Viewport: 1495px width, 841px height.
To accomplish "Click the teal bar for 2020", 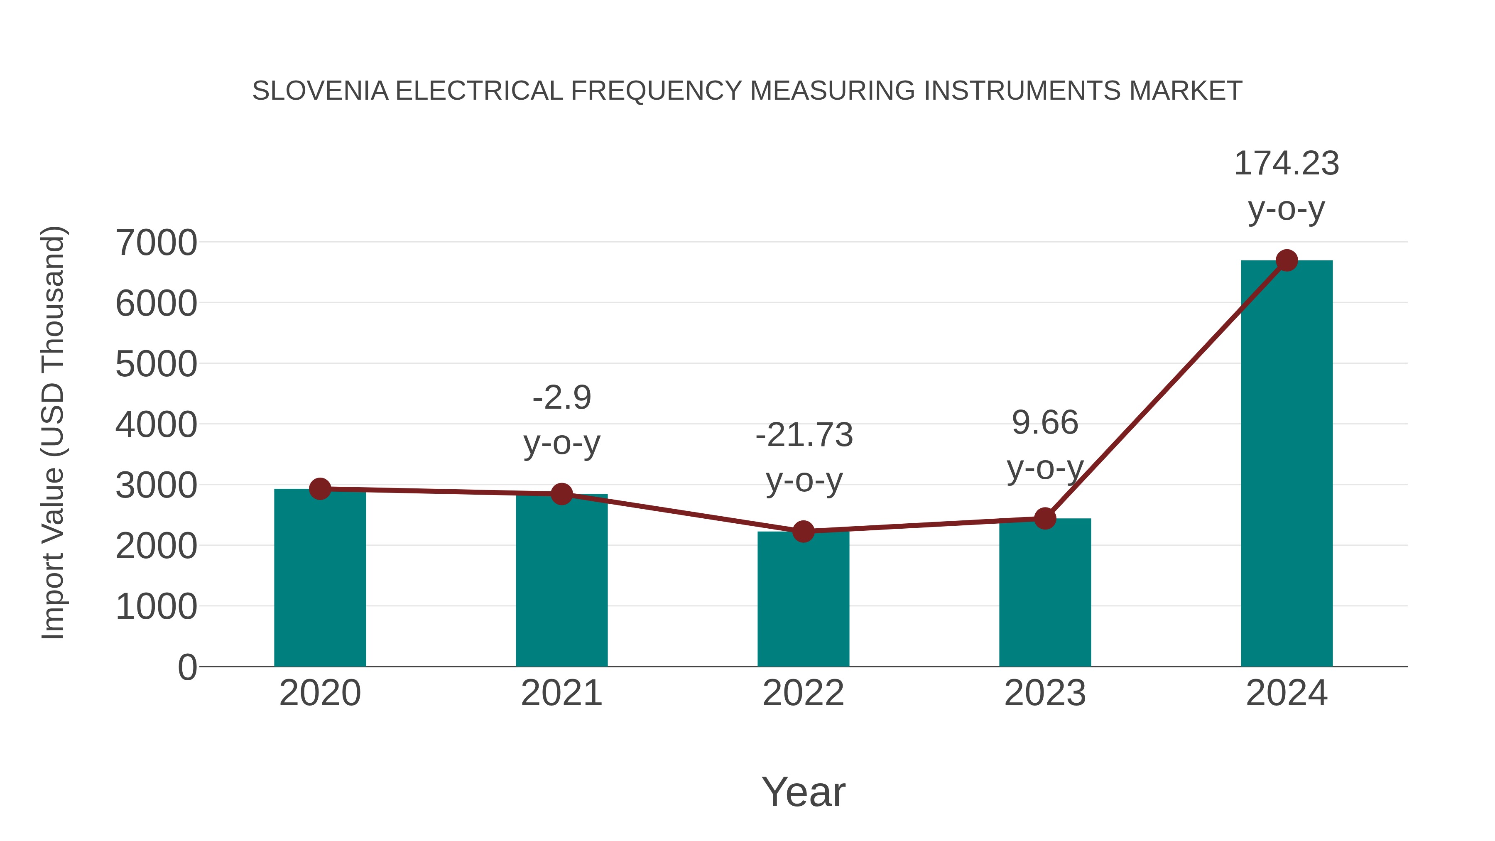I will point(320,581).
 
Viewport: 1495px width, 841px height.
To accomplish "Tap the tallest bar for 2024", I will point(1287,464).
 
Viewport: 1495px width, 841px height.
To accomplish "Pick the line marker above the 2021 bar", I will point(561,494).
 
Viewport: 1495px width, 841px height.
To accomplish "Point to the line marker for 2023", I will point(1045,518).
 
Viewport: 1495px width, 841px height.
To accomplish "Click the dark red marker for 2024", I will point(1287,260).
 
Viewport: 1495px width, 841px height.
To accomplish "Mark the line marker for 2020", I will point(320,489).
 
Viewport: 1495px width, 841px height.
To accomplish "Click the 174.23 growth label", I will point(1286,164).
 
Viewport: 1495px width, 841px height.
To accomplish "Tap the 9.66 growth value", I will point(1045,422).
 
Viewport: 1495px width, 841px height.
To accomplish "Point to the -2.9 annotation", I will point(561,398).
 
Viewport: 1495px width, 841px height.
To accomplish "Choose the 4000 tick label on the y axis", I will point(156,425).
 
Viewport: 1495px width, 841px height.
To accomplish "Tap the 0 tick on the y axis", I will point(187,667).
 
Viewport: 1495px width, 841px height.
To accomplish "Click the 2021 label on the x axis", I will point(561,693).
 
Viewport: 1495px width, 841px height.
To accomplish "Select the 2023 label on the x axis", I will point(1045,693).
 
